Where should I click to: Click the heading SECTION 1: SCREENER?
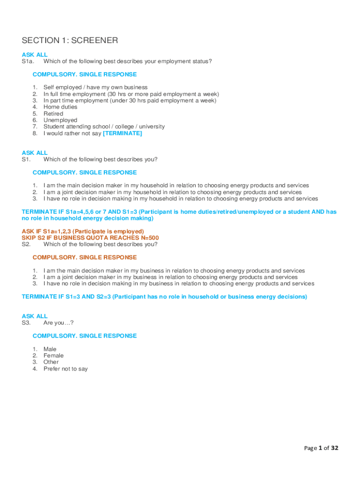[70, 41]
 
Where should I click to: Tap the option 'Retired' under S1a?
[53, 114]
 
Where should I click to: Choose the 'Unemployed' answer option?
[60, 120]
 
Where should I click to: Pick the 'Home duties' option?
[60, 107]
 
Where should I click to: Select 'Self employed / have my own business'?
[95, 87]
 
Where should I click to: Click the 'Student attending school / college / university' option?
[104, 127]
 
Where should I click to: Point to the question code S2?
[26, 244]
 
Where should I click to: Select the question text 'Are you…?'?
[58, 323]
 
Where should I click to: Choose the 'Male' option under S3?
[50, 349]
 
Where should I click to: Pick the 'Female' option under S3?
[53, 356]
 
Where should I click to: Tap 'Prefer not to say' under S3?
[65, 369]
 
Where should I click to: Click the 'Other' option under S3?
[51, 362]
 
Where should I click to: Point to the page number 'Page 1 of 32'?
[321, 448]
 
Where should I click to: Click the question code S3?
[26, 323]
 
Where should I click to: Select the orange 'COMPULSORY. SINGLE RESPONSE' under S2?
[85, 257]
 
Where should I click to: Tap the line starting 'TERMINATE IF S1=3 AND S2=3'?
[164, 297]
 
